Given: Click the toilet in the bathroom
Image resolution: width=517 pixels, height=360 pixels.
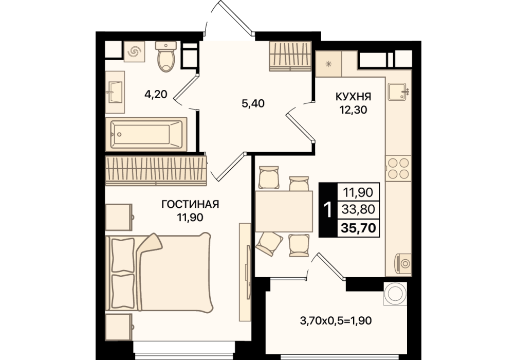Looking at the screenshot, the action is tap(166, 57).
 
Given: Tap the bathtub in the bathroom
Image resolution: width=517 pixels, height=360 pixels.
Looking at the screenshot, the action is tap(146, 134).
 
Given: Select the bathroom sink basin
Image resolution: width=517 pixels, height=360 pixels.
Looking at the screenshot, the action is tap(115, 93).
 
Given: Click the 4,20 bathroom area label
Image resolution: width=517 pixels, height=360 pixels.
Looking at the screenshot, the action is tap(156, 95).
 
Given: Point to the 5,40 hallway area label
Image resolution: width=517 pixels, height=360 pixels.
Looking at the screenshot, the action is tap(253, 103).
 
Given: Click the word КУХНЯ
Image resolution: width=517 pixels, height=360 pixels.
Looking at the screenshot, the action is tap(353, 97).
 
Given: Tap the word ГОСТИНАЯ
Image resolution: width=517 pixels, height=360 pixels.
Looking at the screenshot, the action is tap(190, 205).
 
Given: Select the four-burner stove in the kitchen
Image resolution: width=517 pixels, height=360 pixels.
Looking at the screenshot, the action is tap(399, 168).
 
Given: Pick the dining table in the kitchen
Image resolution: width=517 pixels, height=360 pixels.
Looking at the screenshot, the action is tap(284, 211).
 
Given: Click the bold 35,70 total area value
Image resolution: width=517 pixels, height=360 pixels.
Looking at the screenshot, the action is tap(359, 228).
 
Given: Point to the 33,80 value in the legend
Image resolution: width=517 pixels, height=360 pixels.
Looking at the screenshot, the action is tap(358, 209).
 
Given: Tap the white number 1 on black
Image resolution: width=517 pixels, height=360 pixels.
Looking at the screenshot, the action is tap(328, 210).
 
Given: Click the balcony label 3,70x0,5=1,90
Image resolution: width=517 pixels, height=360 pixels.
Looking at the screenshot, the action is tap(336, 320).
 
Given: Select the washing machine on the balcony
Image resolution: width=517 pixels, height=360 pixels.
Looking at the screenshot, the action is tap(395, 293).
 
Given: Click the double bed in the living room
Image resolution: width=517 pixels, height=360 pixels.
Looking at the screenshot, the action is tap(158, 272).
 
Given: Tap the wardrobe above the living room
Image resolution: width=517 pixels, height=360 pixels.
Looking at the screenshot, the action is tap(156, 171).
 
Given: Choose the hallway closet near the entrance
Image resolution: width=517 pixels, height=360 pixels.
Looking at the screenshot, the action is tap(290, 56).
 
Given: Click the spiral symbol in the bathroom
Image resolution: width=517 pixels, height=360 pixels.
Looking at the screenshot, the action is tap(135, 51).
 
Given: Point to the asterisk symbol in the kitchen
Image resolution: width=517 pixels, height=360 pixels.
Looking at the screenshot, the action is tap(328, 64).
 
